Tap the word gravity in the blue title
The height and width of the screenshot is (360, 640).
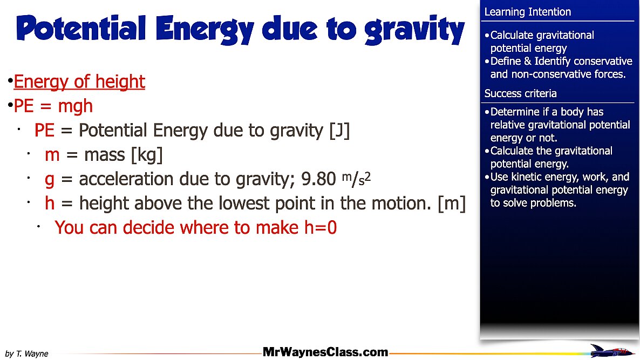pos(414,30)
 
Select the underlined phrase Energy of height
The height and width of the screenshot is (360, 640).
pos(79,82)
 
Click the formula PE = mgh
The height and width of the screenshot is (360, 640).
pos(53,106)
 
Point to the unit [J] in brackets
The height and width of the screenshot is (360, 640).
pos(339,131)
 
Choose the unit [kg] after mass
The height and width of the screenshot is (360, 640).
pos(147,155)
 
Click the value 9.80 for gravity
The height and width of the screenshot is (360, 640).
pos(318,179)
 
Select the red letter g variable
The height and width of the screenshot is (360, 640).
pos(50,180)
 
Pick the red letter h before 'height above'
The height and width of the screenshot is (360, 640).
pos(50,203)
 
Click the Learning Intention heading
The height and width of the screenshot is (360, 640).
pos(527,12)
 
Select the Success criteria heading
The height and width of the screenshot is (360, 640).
pos(520,93)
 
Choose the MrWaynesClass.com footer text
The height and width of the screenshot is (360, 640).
pos(325,352)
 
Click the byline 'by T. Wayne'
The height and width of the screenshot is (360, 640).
pos(27,354)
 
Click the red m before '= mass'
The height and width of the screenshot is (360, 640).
pos(52,155)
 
